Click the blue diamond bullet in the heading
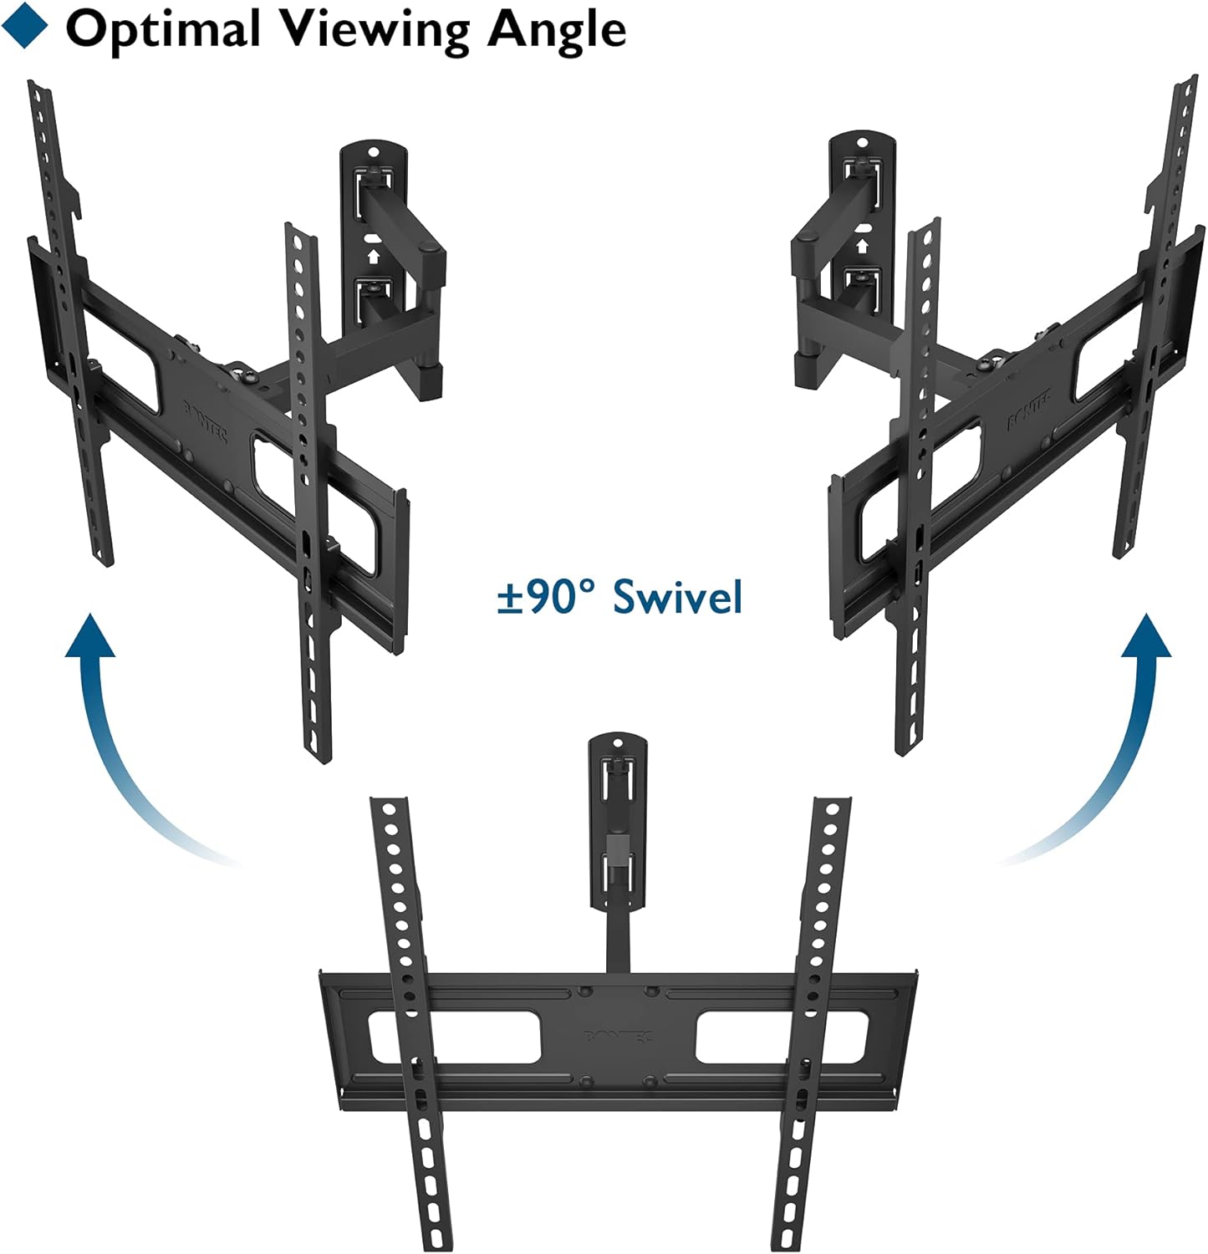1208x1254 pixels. (24, 27)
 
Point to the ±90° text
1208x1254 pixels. (545, 597)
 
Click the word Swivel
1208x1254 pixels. (677, 597)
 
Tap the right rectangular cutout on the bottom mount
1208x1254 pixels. (782, 1037)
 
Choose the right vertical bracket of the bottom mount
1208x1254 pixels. (808, 1020)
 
